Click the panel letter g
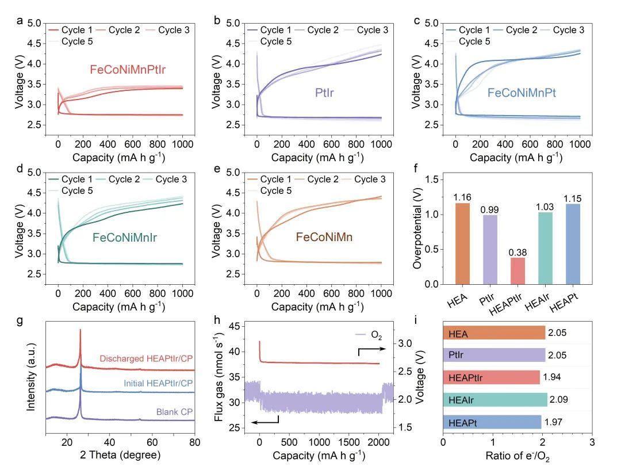[x=20, y=320]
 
